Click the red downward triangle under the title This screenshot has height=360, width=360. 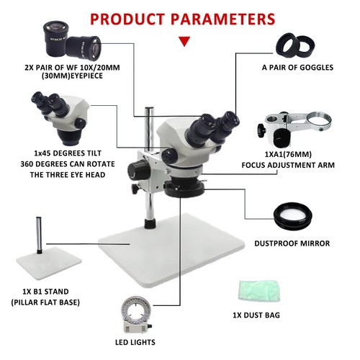coord(184,41)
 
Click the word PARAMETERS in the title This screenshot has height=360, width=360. coord(222,19)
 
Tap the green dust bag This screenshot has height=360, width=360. coord(259,290)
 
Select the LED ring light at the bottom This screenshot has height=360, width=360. coord(136,315)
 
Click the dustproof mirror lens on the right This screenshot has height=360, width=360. coord(293,215)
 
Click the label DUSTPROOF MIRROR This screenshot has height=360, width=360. coord(292,243)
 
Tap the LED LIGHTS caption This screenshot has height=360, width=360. coord(135,342)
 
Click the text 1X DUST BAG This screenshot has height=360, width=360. coord(256,315)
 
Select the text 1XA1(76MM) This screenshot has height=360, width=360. coord(288,154)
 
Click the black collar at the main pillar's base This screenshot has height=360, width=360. coord(150,223)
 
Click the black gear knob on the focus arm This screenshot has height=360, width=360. coord(261,131)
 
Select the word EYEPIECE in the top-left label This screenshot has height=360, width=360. coord(82,76)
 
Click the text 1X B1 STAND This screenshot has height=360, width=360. coord(45,292)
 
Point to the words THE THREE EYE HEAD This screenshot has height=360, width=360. coord(68,175)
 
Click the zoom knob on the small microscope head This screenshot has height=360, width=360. coord(80,124)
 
